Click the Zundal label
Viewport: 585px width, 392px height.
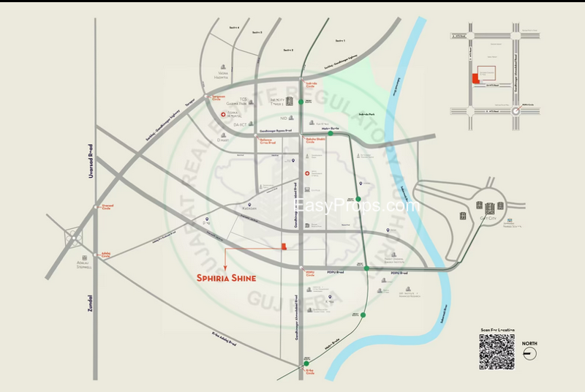pyautogui.click(x=91, y=304)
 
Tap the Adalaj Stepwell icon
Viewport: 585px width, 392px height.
pyautogui.click(x=73, y=238)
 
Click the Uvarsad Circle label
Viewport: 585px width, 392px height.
pyautogui.click(x=107, y=207)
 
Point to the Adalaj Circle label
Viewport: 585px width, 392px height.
pyautogui.click(x=107, y=257)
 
